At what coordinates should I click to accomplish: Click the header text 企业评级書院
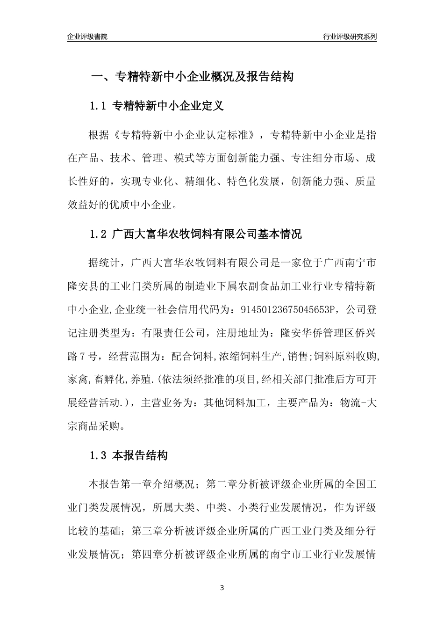point(87,37)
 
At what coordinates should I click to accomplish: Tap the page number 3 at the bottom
point(222,587)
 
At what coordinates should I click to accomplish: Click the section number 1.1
point(99,106)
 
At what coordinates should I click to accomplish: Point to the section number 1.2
point(99,234)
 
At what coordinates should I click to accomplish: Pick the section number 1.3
point(99,455)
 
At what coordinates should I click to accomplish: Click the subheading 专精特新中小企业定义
point(168,106)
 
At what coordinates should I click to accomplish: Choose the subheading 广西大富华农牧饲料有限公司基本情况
point(207,234)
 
